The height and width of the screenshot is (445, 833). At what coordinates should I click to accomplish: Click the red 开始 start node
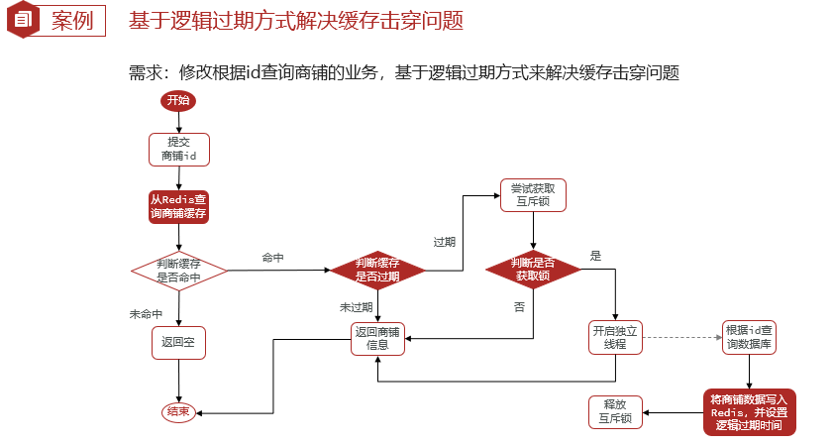coord(178,100)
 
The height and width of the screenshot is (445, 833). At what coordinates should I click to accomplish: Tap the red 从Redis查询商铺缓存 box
coord(178,206)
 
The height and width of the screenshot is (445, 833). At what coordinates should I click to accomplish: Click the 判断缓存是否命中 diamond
coord(178,270)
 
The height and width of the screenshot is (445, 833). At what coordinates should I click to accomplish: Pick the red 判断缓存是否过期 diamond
coord(377,270)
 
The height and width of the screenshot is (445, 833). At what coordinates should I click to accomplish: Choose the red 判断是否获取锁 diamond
coord(532,270)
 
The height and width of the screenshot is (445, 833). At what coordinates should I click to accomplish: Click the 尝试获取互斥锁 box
coord(533,194)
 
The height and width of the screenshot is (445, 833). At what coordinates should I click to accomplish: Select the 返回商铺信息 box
coord(377,338)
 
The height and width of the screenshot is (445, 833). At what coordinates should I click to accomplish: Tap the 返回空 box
coord(178,343)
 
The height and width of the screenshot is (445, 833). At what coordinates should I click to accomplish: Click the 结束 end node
coord(178,412)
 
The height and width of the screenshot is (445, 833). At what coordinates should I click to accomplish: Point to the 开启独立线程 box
coord(616,337)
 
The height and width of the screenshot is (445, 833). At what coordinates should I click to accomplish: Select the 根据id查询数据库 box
coord(751,337)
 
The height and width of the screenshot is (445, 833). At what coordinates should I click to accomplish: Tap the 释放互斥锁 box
coord(615,411)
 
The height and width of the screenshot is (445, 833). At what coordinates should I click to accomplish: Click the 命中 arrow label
coord(272,258)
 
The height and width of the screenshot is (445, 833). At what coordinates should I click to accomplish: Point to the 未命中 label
coord(146,313)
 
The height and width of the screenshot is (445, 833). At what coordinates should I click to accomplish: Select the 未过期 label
coord(356,308)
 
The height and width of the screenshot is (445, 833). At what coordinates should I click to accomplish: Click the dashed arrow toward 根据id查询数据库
coord(683,337)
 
